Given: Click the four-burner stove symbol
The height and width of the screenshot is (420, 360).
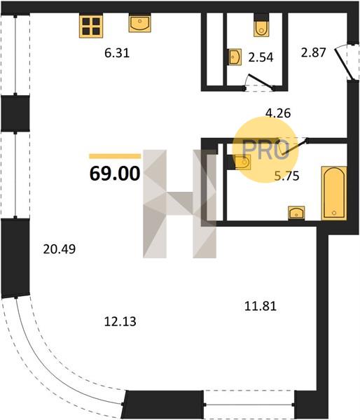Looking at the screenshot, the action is pos(91,26).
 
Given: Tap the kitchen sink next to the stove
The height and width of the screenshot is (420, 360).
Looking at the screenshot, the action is pos(139,23).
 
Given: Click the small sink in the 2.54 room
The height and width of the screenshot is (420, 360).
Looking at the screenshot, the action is pos(235,57).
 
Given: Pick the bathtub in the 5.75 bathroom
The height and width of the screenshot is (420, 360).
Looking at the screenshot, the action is pos(333,193).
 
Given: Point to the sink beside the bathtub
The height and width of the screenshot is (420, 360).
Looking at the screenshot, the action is pos(296,213).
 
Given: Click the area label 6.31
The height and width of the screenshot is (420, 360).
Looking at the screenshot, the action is pos(117,53).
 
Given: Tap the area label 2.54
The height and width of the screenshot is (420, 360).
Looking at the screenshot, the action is pos(261,57).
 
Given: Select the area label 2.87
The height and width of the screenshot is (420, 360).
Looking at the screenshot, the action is pos(313,52).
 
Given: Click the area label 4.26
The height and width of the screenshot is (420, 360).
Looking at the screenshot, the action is pos(278,113).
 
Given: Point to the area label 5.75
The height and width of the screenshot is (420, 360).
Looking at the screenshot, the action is pos(287,176).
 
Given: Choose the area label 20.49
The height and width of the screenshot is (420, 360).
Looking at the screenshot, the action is pos(60,249).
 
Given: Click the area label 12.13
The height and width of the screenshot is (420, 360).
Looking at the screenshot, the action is pos(120,321).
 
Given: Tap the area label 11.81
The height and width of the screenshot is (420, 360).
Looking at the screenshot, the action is pos(261,306).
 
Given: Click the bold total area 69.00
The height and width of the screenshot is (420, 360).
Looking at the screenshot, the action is pos(115,174).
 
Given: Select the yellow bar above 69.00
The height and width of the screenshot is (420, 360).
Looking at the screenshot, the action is pos(115,156).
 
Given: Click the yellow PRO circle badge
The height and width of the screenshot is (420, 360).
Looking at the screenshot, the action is pos(265,150).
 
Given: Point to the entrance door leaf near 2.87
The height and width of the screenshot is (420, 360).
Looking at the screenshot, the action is pos(342,62).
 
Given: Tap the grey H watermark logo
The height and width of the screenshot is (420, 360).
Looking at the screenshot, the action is pos(179,204).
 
